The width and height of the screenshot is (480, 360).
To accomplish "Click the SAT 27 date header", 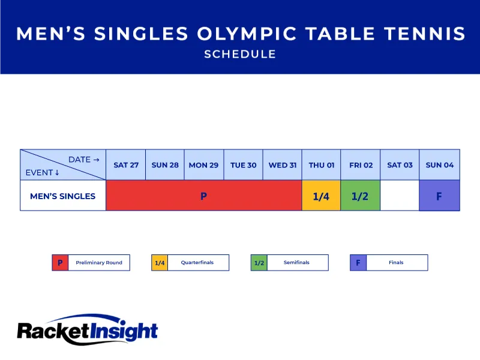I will pos(125,165).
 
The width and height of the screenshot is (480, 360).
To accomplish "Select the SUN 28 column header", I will pos(165,165).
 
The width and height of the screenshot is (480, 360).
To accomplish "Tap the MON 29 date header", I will pos(204,165).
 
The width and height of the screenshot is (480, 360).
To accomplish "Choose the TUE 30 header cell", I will pos(244,165).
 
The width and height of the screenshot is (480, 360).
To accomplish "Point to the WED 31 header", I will pos(283,165).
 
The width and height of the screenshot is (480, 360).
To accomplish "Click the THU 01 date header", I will pos(322,165).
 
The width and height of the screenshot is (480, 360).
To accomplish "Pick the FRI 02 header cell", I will pos(361,165).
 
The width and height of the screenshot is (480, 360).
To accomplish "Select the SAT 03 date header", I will pos(400,165).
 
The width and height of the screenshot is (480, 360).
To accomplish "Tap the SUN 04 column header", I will pos(440,165).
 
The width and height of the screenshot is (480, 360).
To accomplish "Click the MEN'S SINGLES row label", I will pos(63,196).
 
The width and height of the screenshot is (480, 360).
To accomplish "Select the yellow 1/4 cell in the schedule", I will pos(321,196).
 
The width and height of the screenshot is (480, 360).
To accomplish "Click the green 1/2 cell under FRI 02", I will pos(360,196).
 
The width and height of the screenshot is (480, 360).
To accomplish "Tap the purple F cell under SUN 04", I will pos(439,196).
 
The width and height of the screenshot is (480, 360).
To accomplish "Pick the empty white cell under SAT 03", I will pos(400,196).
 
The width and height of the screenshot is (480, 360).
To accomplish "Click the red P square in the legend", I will pos(60,263).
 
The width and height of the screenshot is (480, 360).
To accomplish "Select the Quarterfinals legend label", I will pos(197,263).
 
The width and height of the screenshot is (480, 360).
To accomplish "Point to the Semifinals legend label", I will pos(297,263).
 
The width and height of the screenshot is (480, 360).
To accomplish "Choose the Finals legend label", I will pos(396,263).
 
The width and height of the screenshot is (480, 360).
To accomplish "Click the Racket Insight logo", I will pos(88,330).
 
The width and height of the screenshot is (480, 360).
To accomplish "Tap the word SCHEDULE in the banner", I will pos(240,54).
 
